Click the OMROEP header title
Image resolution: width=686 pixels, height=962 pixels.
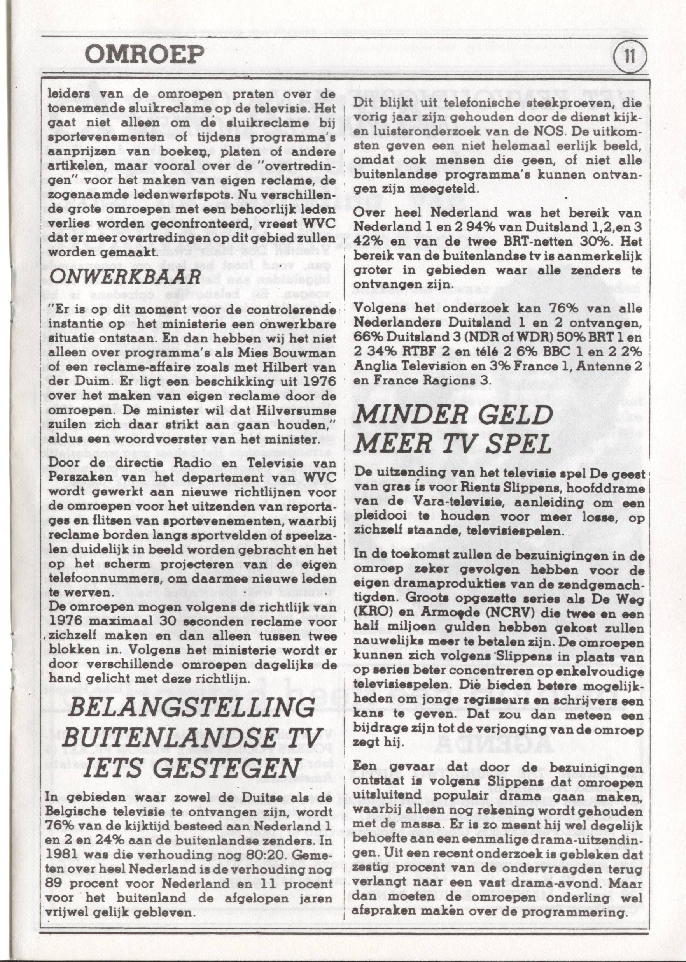tap(145, 54)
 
